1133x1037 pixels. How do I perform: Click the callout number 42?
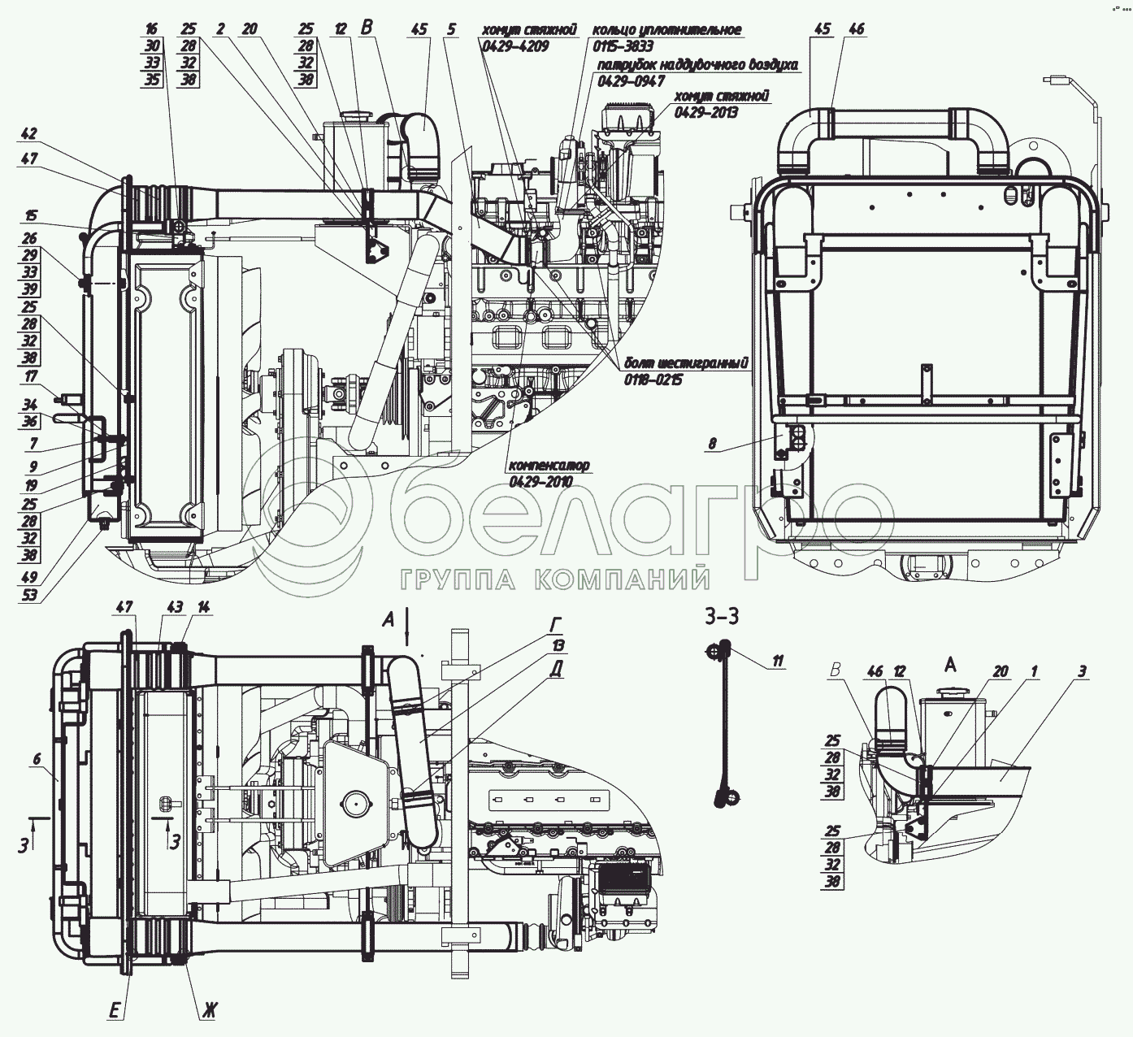[29, 134]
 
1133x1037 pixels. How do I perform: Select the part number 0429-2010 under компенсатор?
[540, 482]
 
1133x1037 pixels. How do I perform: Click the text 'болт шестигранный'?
[684, 362]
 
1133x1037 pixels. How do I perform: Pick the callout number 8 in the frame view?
[712, 444]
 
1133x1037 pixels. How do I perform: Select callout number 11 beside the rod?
[778, 662]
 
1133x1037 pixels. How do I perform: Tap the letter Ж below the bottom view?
[209, 1012]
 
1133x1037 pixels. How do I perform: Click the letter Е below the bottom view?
[115, 1011]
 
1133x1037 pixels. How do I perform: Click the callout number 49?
[29, 579]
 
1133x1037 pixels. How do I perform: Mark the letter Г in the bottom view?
[556, 624]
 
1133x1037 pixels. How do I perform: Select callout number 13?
[558, 644]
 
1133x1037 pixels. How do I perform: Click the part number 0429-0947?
[632, 81]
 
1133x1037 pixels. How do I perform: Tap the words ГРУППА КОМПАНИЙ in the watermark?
[556, 579]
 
